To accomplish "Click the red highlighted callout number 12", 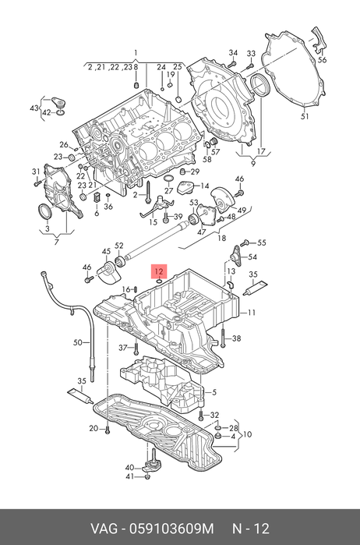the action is (x=159, y=271).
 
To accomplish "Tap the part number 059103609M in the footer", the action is (x=171, y=529).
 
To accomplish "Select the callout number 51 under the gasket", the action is (x=305, y=116).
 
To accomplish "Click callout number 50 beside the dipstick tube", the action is (x=78, y=342).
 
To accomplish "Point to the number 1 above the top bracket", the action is (x=136, y=53).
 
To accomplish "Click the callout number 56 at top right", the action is (x=322, y=60).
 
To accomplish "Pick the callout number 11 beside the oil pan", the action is (x=252, y=313).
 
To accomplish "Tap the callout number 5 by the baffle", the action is (x=214, y=392).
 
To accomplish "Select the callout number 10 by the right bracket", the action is (x=248, y=434).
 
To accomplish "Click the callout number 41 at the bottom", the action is (x=129, y=477).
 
